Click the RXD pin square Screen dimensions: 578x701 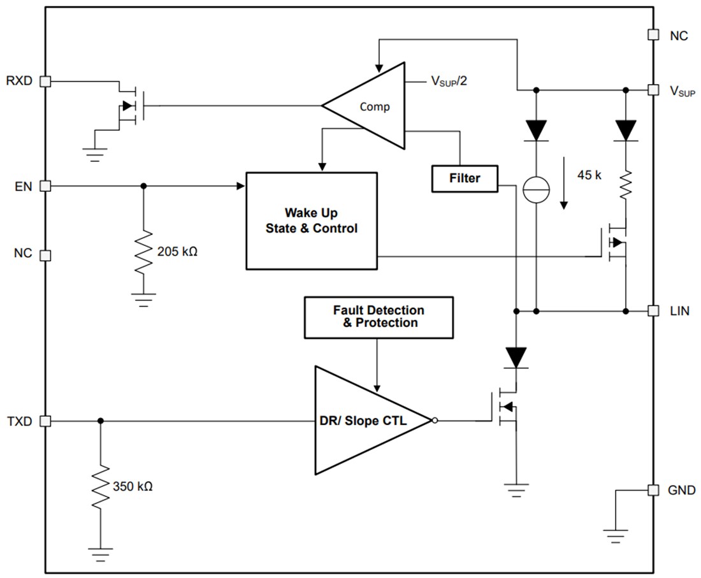(x=45, y=81)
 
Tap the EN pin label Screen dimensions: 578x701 (x=23, y=186)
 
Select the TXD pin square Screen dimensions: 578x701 (x=45, y=421)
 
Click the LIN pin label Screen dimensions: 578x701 (x=679, y=312)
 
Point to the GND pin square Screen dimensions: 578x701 (x=653, y=490)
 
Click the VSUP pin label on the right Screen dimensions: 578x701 (x=682, y=90)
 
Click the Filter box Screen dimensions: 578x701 (x=465, y=178)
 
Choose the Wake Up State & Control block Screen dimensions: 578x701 (x=311, y=220)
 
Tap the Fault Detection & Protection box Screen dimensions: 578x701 (x=379, y=317)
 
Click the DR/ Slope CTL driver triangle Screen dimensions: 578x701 (x=370, y=421)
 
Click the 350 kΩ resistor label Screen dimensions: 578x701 (x=133, y=487)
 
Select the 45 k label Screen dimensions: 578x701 (x=589, y=175)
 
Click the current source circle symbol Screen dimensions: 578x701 (x=536, y=191)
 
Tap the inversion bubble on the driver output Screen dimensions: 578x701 (x=435, y=421)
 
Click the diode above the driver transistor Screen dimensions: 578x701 (x=516, y=357)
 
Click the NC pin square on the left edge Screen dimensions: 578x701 (x=45, y=255)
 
